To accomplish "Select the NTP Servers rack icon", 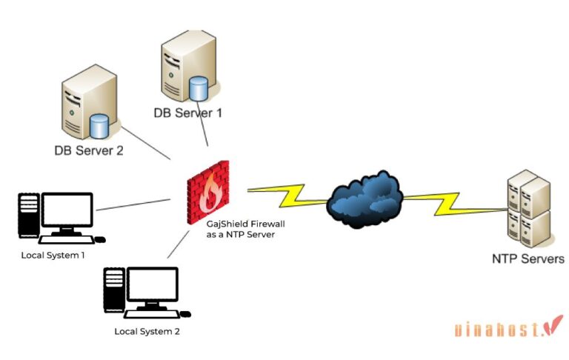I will (x=528, y=209).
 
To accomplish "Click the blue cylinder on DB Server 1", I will (x=198, y=88).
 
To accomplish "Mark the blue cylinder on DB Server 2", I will (x=99, y=126).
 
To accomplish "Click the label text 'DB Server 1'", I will (x=187, y=113).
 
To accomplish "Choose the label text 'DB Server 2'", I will (x=88, y=150).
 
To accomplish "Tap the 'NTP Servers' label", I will (x=528, y=259).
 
